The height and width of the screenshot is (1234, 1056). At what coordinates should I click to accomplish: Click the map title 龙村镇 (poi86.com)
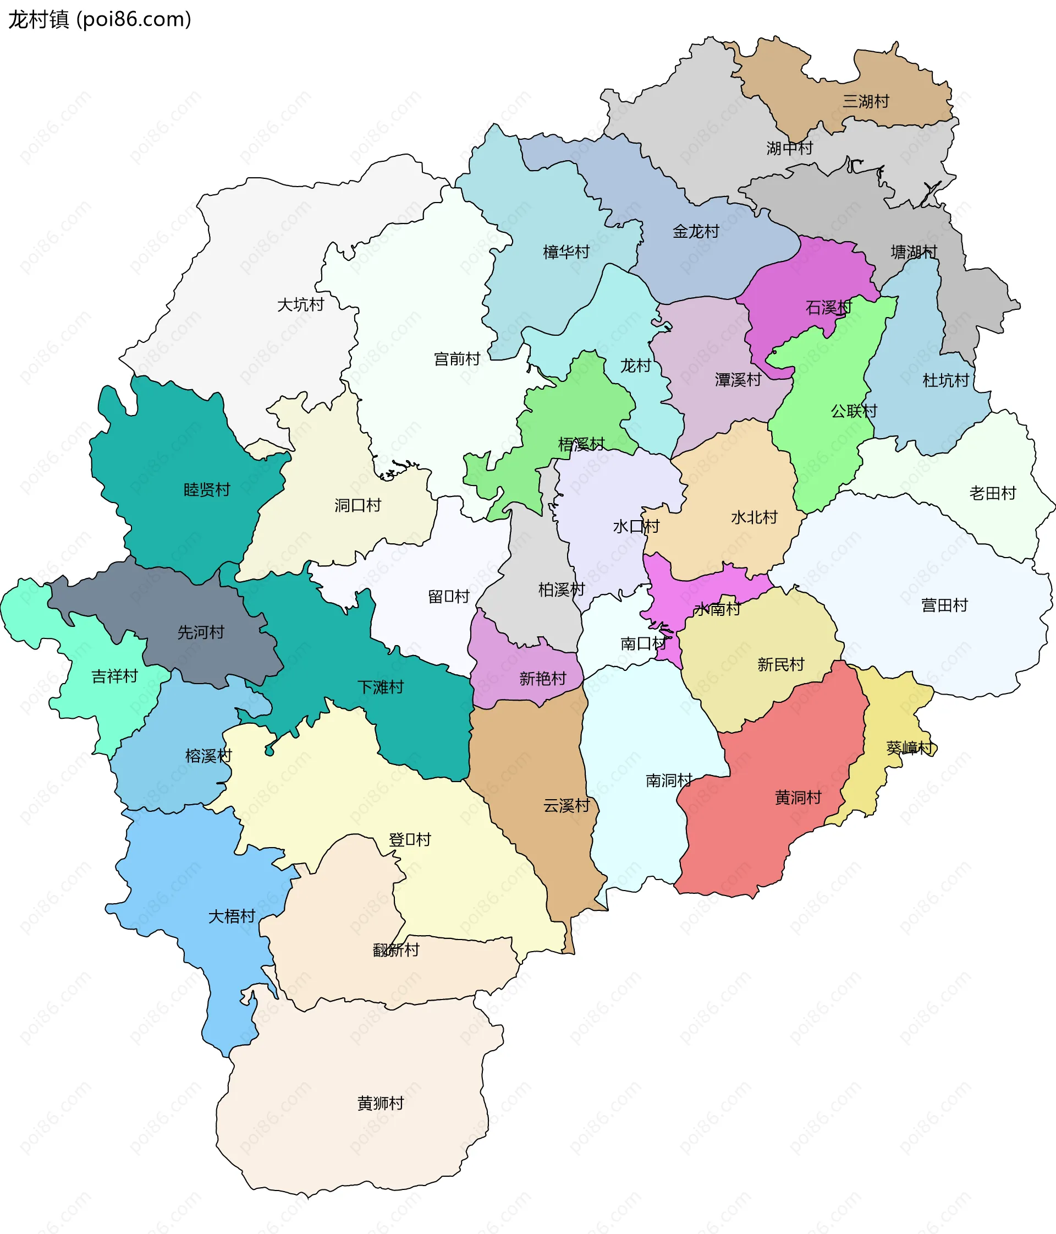100,20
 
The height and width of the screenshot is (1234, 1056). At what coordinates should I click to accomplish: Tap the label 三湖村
866,101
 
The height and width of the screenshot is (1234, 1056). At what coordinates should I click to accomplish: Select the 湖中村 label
789,148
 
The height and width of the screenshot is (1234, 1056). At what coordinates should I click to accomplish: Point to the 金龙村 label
696,231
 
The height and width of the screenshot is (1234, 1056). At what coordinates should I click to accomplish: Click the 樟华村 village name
566,252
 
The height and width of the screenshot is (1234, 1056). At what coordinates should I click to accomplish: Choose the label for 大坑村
301,304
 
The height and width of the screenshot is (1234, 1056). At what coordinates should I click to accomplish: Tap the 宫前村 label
457,358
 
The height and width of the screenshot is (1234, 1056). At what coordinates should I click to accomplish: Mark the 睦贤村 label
207,489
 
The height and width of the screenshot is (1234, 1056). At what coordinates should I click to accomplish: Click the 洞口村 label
357,505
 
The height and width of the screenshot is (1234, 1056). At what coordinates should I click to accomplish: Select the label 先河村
201,632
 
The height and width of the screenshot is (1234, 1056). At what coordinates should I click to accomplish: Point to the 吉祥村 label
114,676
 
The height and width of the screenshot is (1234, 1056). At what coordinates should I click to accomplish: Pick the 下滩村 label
381,687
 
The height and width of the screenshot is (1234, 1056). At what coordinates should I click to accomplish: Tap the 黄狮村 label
381,1103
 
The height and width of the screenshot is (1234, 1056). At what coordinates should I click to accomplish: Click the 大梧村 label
232,916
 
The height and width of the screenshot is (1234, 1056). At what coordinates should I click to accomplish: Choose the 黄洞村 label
798,797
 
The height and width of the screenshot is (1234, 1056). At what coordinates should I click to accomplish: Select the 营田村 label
944,605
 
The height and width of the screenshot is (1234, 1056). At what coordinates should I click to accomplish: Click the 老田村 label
992,493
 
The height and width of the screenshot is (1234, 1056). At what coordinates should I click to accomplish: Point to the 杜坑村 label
945,380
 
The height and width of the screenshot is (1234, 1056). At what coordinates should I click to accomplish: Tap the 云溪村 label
566,806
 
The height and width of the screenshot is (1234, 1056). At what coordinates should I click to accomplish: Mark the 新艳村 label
542,678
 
